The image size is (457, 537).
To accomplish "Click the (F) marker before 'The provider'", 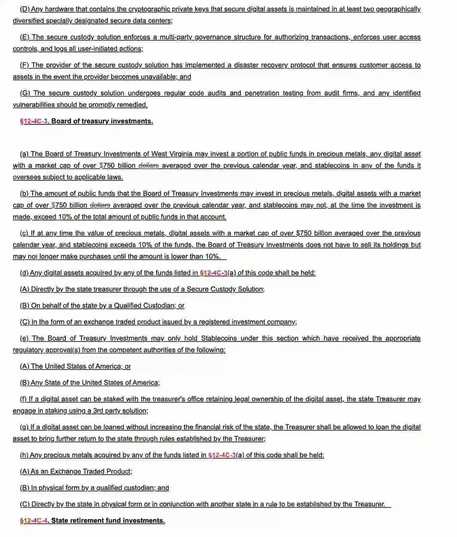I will pos(25,65).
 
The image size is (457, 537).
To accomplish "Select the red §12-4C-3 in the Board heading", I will pos(34,122).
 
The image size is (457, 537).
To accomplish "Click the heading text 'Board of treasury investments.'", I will pos(102,122).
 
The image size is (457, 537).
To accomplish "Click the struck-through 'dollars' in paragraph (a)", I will pos(149,166).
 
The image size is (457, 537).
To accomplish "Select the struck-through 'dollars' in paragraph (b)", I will pos(100,205).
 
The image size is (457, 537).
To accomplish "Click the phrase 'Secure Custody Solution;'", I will pos(225,289).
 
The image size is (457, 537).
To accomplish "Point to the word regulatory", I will pos(28,350).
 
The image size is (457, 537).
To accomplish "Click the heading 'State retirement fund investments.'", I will pos(108,521).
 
